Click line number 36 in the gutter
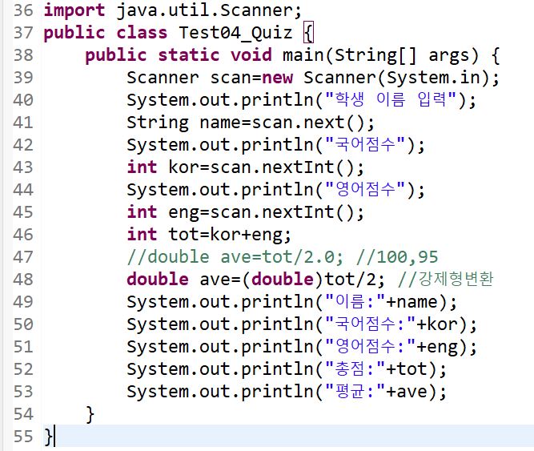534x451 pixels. pyautogui.click(x=23, y=10)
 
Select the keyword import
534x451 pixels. pyautogui.click(x=74, y=10)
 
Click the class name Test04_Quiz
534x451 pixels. pyautogui.click(x=235, y=33)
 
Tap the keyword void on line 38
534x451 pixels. pyautogui.click(x=251, y=55)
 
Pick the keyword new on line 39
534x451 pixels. pyautogui.click(x=278, y=78)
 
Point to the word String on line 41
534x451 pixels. pyautogui.click(x=158, y=123)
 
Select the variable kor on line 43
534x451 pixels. pyautogui.click(x=188, y=167)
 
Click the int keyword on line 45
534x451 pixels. pyautogui.click(x=142, y=211)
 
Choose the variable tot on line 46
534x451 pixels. pyautogui.click(x=188, y=235)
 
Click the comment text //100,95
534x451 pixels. pyautogui.click(x=397, y=257)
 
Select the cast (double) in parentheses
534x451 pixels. pyautogui.click(x=283, y=280)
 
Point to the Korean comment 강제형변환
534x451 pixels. pyautogui.click(x=456, y=279)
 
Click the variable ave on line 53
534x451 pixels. pyautogui.click(x=412, y=392)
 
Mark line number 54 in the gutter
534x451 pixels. pyautogui.click(x=23, y=414)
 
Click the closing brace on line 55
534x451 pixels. pyautogui.click(x=48, y=437)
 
